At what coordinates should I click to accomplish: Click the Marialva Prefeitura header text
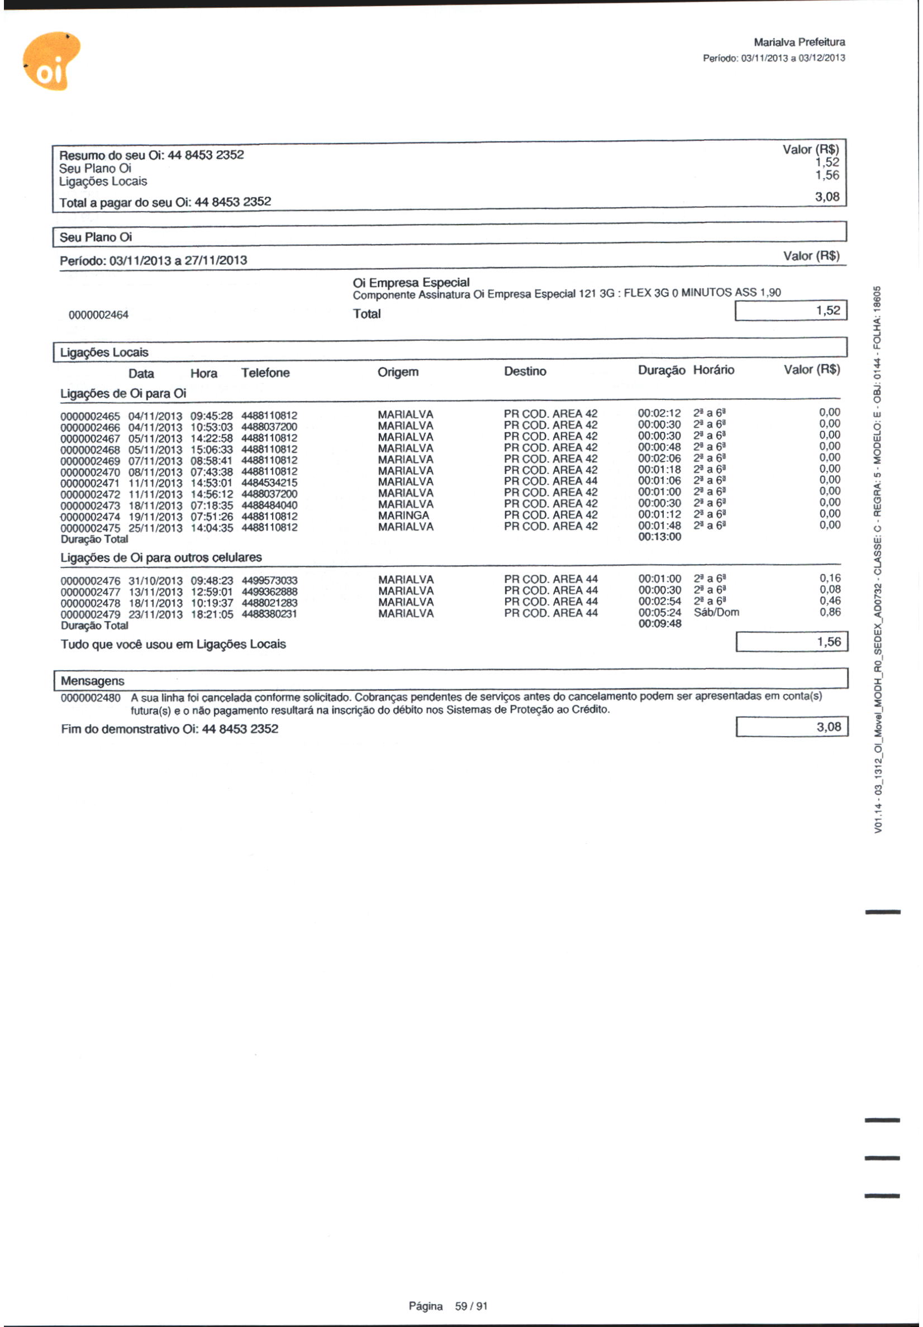(798, 42)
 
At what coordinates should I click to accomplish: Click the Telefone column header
(265, 373)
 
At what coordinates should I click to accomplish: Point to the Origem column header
(398, 372)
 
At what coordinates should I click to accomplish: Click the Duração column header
(661, 370)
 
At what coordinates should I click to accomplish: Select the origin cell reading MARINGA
(403, 515)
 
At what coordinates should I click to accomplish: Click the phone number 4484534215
(269, 483)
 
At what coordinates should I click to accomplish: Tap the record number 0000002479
(90, 614)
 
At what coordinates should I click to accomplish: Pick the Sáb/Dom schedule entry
(716, 613)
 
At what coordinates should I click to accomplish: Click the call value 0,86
(830, 612)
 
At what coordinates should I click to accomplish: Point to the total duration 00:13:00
(659, 537)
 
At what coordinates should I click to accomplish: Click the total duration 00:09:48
(659, 624)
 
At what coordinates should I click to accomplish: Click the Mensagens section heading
(93, 681)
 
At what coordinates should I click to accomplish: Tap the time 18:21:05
(212, 614)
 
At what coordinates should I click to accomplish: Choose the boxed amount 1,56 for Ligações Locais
(791, 642)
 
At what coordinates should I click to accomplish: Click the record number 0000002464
(98, 315)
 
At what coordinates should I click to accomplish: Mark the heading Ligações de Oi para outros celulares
(161, 558)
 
